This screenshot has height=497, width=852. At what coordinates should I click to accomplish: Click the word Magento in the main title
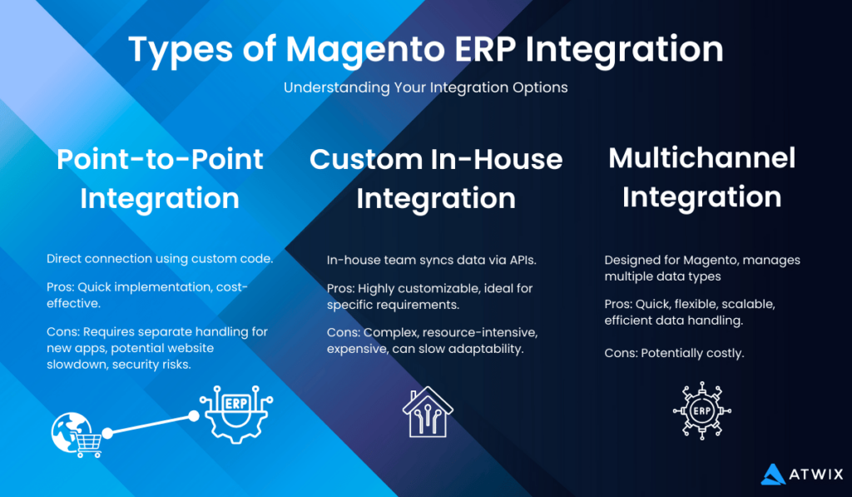pyautogui.click(x=358, y=50)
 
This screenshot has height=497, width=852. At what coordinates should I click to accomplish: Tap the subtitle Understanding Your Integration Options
pyautogui.click(x=425, y=87)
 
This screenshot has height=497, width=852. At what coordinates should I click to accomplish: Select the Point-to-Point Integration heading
pyautogui.click(x=160, y=178)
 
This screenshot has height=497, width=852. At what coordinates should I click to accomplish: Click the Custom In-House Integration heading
pyautogui.click(x=436, y=178)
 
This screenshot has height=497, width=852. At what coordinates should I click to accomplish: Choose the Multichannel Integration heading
pyautogui.click(x=701, y=176)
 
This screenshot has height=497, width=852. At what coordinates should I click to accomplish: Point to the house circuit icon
pyautogui.click(x=428, y=411)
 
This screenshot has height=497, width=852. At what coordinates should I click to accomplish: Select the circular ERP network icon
pyautogui.click(x=701, y=411)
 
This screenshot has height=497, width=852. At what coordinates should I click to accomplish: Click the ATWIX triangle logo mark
pyautogui.click(x=774, y=474)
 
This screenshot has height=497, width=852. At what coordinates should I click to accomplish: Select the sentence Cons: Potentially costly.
pyautogui.click(x=674, y=353)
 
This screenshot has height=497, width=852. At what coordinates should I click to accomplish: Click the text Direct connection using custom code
pyautogui.click(x=160, y=259)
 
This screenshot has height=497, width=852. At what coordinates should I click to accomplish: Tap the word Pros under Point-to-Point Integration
pyautogui.click(x=60, y=287)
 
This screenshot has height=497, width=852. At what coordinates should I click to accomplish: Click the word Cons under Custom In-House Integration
pyautogui.click(x=342, y=332)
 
